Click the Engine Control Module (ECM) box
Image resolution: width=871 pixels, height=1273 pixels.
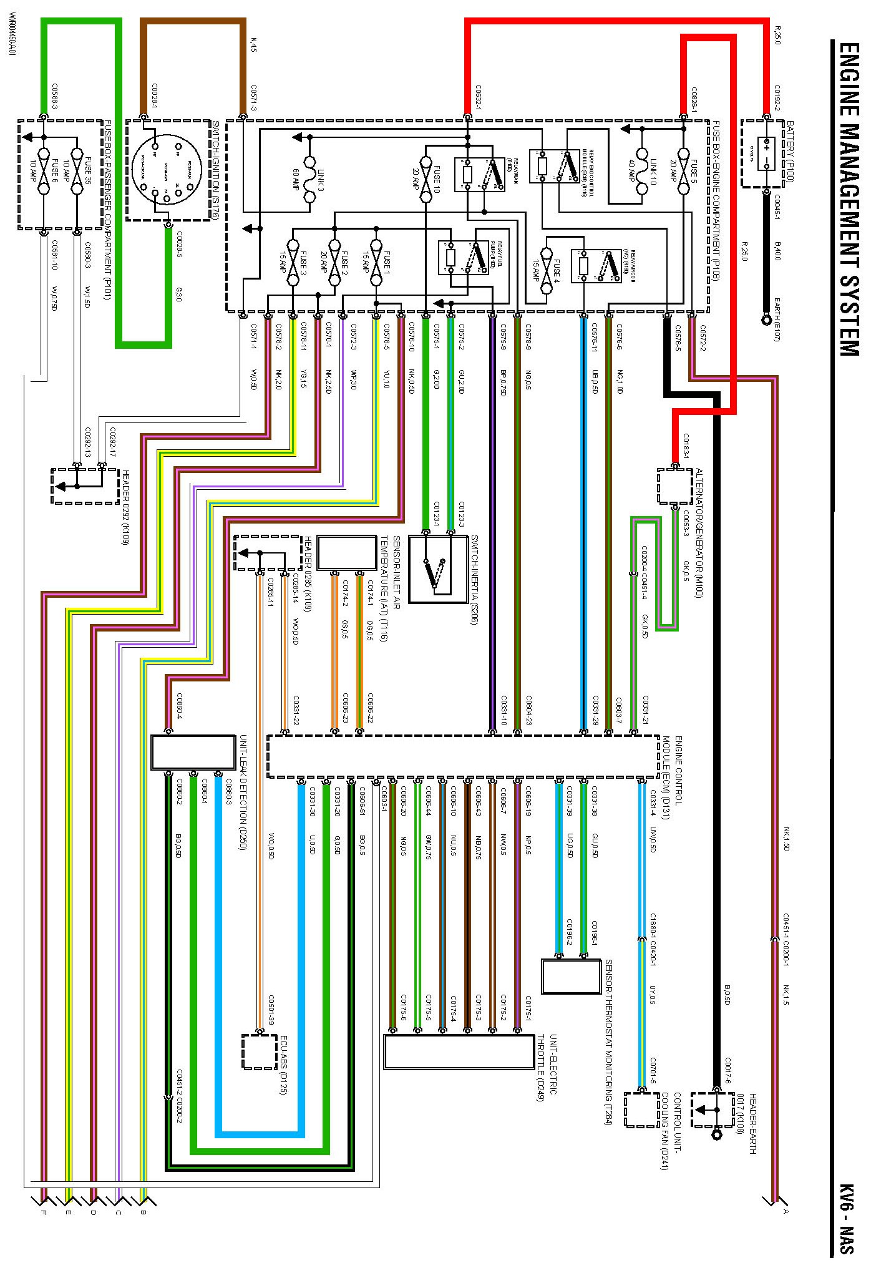point(462,756)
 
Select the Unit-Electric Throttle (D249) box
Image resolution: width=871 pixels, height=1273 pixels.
point(453,1052)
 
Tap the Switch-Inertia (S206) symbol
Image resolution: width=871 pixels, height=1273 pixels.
point(438,568)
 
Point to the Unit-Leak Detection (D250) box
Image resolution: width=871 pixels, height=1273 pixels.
point(193,752)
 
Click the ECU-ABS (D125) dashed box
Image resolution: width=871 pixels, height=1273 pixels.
point(259,1051)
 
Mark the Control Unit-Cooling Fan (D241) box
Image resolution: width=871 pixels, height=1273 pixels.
point(641,1110)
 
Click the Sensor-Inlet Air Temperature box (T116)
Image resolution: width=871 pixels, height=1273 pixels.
point(347,552)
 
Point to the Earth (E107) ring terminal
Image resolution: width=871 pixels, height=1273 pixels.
point(767,320)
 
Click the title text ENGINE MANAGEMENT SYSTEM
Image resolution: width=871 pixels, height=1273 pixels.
point(849,200)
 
